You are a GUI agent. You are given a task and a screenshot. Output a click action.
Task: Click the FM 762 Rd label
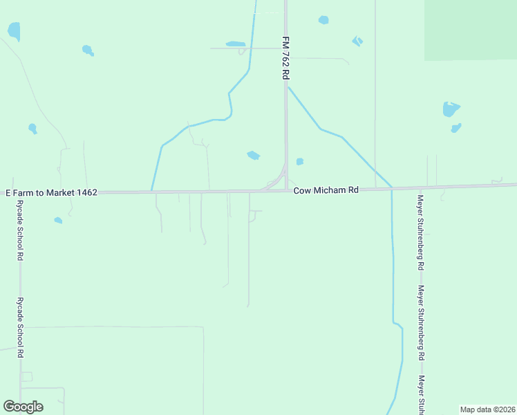[x=284, y=58]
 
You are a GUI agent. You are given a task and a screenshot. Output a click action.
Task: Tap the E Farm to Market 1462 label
[x=51, y=192]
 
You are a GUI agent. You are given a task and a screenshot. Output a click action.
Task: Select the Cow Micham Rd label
[x=326, y=190]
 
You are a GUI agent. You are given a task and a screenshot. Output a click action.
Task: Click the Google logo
[x=23, y=406]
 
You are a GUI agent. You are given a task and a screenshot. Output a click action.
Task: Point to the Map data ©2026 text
[x=488, y=409]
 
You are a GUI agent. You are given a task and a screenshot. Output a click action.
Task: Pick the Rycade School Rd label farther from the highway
[x=21, y=327]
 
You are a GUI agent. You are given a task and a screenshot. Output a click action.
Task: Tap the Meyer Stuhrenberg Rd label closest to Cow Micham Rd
[x=420, y=232]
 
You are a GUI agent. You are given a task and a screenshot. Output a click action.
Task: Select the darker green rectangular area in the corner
[x=471, y=30]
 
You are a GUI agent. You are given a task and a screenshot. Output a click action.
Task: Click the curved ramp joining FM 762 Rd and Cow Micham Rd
[x=276, y=182]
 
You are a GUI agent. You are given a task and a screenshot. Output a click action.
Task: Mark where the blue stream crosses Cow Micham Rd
[x=391, y=188]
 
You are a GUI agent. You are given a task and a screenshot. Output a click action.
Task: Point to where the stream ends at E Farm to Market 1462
[x=151, y=191]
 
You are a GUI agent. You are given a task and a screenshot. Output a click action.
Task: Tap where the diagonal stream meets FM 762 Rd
[x=287, y=86]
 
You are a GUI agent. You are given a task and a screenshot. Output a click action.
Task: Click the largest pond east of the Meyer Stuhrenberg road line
[x=451, y=109]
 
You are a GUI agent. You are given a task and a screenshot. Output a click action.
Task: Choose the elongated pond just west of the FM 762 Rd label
[x=236, y=44]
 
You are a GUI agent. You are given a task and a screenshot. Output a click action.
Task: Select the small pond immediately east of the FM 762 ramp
[x=299, y=162]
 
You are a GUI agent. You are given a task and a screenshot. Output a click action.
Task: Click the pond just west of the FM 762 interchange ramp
[x=254, y=156]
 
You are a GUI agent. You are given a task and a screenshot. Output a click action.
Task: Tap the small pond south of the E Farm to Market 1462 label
[x=58, y=221]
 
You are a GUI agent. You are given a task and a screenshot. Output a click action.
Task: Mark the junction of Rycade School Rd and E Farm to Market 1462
[x=20, y=193]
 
